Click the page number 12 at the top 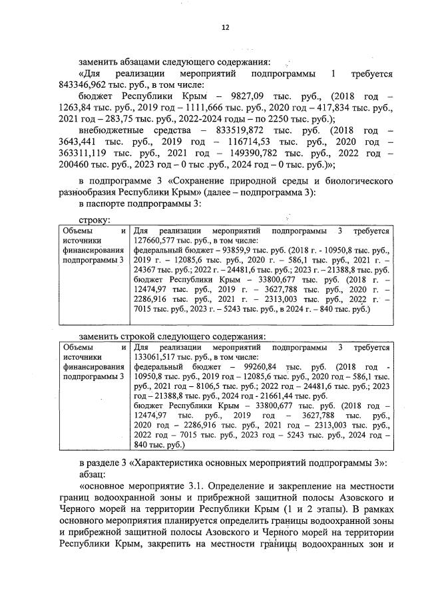pyautogui.click(x=225, y=27)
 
